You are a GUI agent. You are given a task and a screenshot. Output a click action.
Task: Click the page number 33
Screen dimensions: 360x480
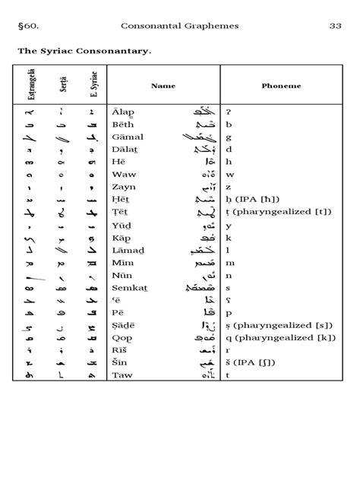(x=333, y=26)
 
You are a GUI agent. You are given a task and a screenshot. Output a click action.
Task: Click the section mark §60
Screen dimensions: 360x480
(x=28, y=26)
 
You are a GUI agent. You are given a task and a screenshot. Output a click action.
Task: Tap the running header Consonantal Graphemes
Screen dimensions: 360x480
(x=180, y=26)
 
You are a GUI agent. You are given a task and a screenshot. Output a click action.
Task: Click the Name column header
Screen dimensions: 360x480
(x=163, y=86)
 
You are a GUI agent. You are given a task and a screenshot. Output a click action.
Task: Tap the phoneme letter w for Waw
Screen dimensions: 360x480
(x=229, y=174)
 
